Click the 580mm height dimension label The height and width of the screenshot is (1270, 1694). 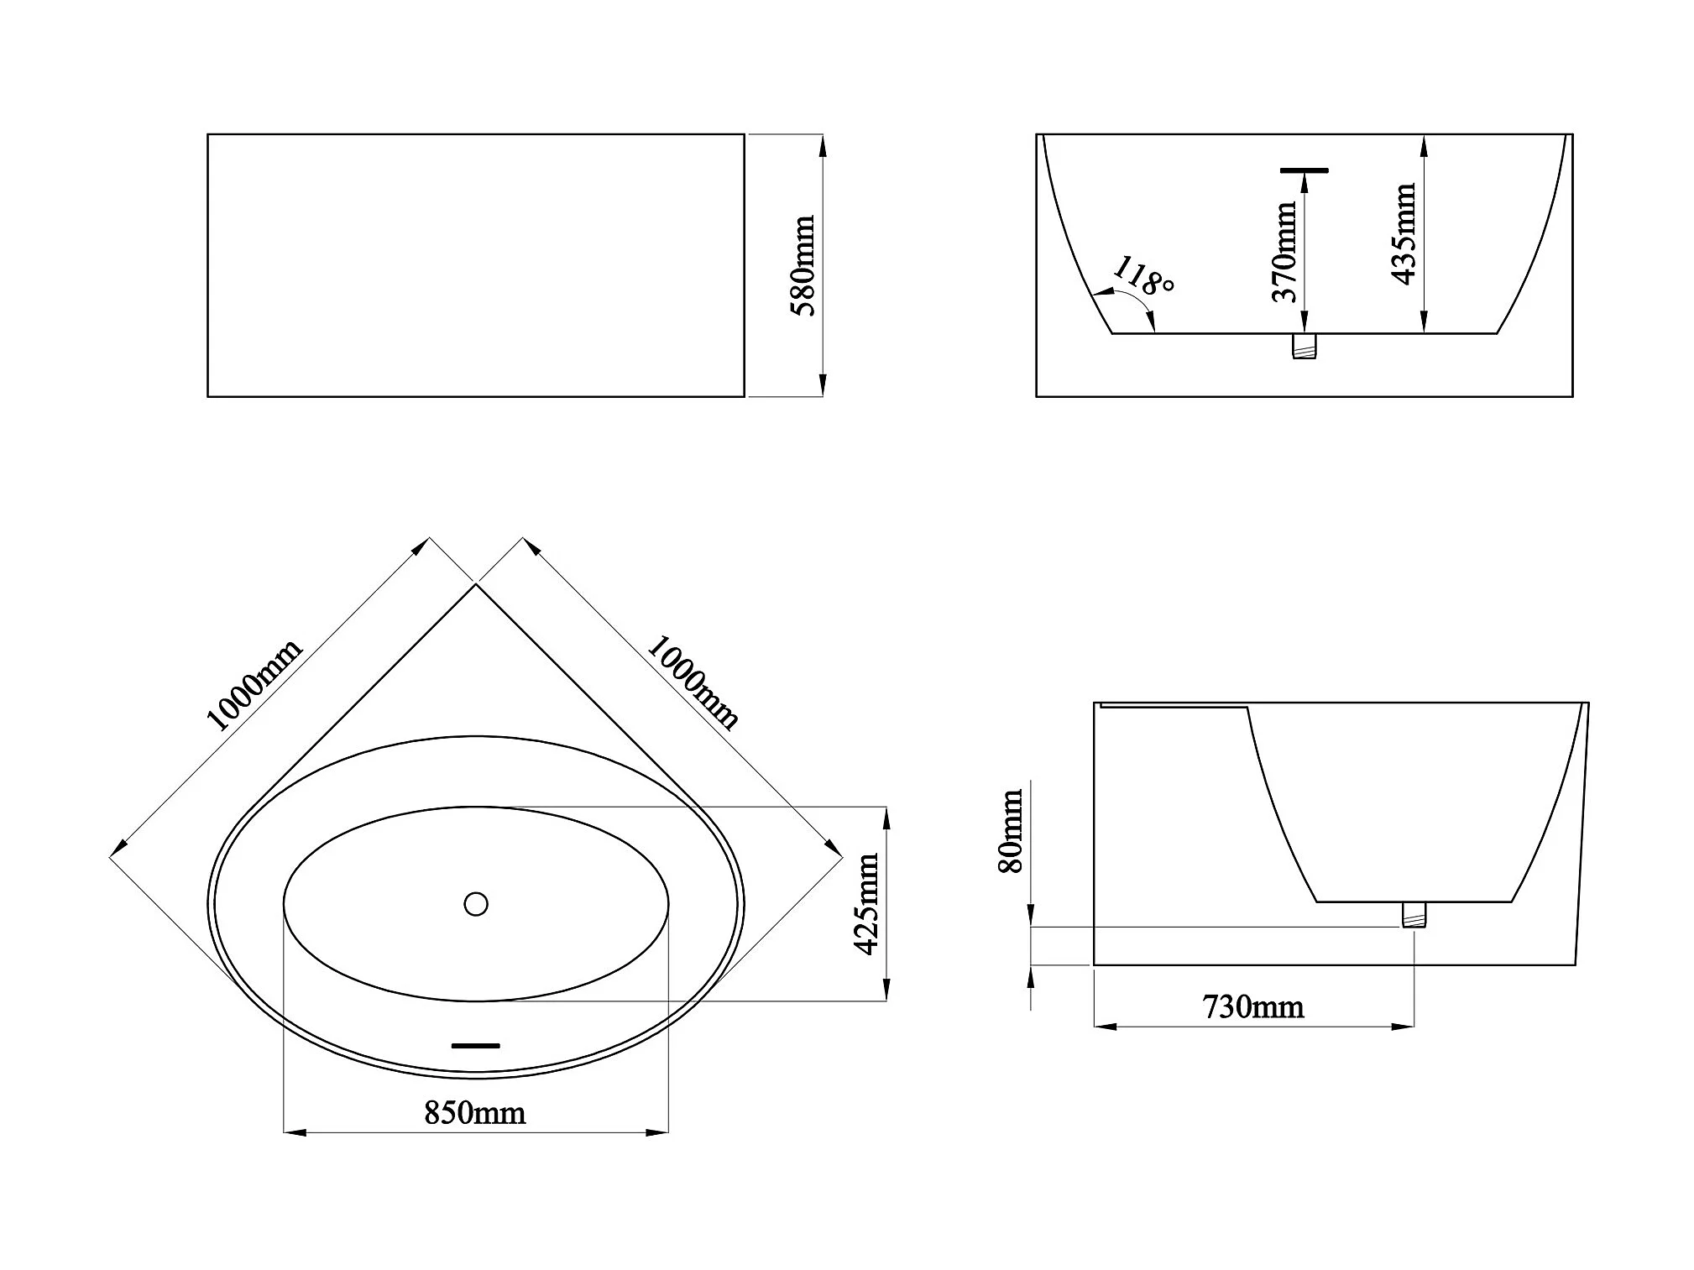804,265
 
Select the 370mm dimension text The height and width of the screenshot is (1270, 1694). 1284,251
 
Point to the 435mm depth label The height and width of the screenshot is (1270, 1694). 1404,234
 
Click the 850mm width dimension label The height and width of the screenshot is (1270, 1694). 475,1113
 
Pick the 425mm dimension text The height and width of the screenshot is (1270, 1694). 866,904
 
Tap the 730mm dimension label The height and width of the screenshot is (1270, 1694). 1253,1006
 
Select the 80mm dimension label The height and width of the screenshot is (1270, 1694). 1012,832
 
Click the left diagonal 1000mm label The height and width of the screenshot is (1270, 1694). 253,686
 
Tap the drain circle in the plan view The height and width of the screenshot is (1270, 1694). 476,904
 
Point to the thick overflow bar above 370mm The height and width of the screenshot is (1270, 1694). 1304,170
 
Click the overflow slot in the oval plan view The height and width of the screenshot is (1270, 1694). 476,1046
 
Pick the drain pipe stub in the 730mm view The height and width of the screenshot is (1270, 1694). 1414,914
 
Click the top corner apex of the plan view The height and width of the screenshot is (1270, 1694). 476,584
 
